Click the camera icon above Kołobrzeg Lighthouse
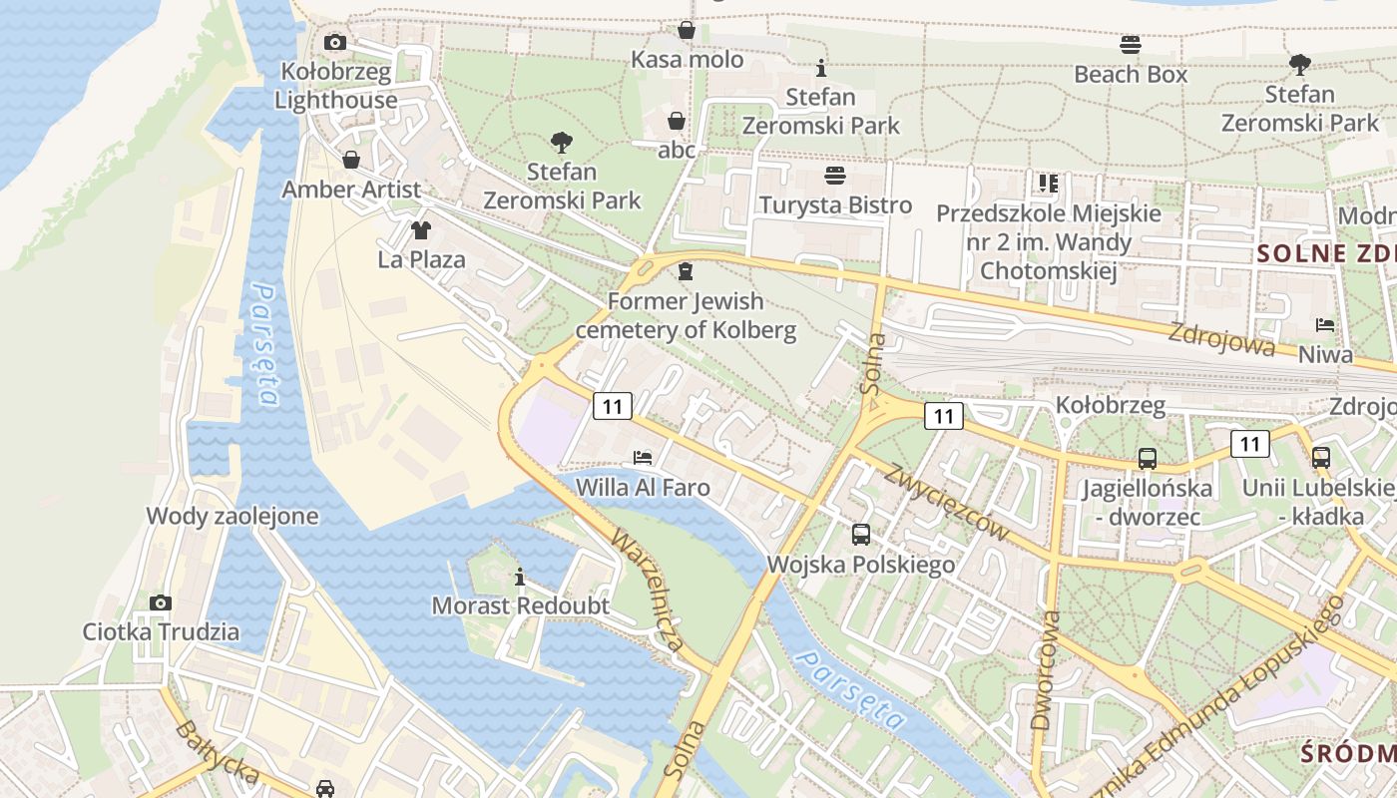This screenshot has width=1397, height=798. [335, 42]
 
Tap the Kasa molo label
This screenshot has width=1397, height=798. [687, 60]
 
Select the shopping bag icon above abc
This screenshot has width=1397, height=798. [677, 121]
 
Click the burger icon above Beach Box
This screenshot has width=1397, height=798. [1131, 44]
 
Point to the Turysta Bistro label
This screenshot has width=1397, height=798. [835, 204]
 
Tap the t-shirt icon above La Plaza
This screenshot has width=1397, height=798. [421, 230]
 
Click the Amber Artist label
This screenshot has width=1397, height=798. [351, 190]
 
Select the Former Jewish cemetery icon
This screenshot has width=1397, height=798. [686, 270]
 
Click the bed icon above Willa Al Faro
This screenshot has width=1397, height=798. [643, 458]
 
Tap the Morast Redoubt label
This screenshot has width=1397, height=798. [520, 605]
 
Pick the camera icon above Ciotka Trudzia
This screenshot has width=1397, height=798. [161, 602]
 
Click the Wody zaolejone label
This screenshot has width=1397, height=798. [233, 516]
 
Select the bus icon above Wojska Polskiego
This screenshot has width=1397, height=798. [861, 534]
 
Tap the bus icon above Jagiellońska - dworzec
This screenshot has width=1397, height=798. [1148, 459]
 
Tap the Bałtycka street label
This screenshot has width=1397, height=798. [217, 753]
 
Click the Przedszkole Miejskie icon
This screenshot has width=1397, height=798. [1048, 183]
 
